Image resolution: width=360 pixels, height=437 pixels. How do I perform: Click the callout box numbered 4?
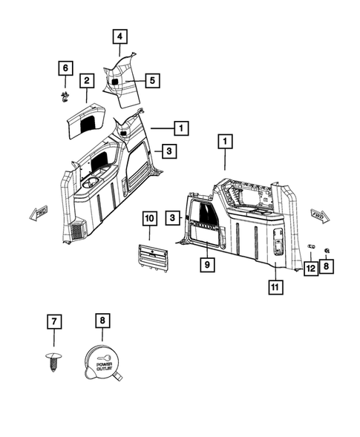[120, 36]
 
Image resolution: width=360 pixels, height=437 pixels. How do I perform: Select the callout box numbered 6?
[65, 68]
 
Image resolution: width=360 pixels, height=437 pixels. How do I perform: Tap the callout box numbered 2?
[87, 81]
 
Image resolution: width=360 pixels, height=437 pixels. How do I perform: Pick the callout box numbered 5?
[152, 81]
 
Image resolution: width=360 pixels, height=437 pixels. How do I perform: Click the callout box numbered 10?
[150, 218]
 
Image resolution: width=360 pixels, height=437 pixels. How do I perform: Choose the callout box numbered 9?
[207, 264]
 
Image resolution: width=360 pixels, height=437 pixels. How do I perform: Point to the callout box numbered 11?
[276, 287]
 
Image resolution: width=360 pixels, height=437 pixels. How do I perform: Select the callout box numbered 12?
[311, 269]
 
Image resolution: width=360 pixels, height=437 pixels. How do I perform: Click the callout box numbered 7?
[54, 321]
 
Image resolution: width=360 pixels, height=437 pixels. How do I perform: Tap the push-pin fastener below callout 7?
[53, 362]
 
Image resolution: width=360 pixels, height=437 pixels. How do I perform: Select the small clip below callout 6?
[65, 96]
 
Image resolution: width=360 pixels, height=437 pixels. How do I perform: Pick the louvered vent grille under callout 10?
[153, 258]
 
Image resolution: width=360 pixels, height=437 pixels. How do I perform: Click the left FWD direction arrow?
[39, 213]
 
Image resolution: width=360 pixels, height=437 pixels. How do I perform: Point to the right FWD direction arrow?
[320, 215]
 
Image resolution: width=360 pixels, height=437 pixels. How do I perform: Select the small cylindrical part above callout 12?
[311, 246]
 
